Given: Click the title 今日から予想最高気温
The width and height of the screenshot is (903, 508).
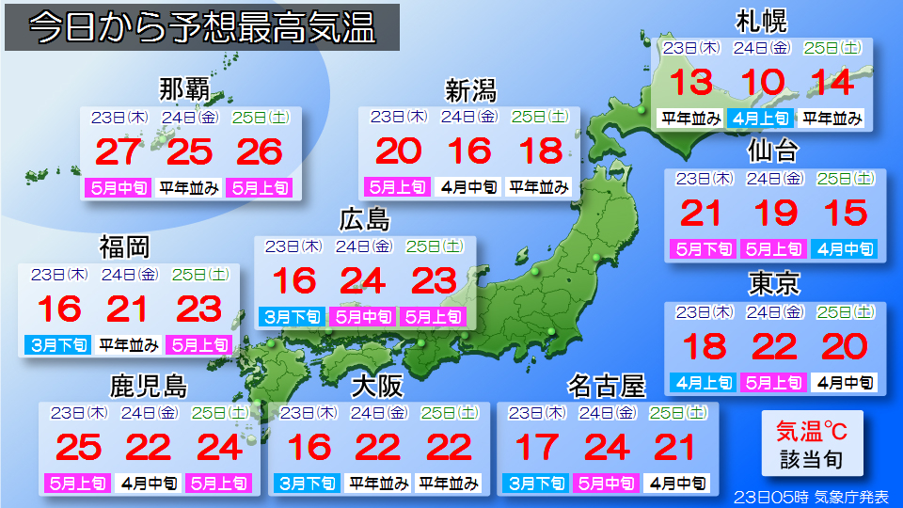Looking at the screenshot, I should click(x=201, y=28).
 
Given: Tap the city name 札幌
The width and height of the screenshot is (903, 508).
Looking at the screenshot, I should click(x=762, y=21).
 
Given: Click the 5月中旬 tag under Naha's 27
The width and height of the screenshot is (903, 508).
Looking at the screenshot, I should click(x=119, y=187).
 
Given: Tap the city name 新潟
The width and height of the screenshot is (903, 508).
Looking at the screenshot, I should click(x=469, y=90).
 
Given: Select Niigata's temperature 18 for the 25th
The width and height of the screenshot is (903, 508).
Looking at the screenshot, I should click(x=540, y=151).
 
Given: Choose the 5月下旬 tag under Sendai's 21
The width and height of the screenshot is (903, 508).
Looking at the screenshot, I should click(x=701, y=249).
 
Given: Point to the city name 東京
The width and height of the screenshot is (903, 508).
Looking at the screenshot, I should click(x=773, y=282).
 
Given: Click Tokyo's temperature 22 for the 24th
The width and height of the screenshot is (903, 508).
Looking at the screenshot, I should click(x=773, y=346).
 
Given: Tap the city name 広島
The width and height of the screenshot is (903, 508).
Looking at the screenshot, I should click(x=364, y=220).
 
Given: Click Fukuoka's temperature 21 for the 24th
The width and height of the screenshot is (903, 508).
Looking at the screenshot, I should click(x=129, y=309).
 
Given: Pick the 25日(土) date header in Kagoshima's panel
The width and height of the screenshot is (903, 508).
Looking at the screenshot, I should click(x=218, y=412).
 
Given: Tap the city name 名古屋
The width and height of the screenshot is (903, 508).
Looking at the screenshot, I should click(x=607, y=386).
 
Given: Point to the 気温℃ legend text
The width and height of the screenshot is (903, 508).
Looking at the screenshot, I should click(x=811, y=432).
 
